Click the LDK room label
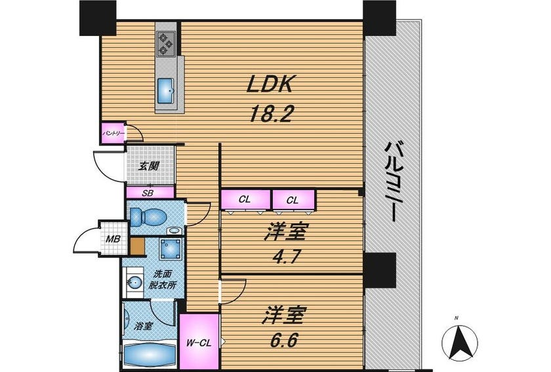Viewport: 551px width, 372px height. coord(270,84)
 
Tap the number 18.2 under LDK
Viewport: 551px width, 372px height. coord(270,113)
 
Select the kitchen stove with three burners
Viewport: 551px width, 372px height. coord(166,43)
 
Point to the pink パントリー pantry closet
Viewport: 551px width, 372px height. coord(113,133)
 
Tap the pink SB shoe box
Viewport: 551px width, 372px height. coord(150,193)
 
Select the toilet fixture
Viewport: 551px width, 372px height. coord(148,217)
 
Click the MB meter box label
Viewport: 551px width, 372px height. coord(113,239)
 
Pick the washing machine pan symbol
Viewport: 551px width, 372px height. coord(171,249)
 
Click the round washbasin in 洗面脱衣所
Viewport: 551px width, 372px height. coord(134,282)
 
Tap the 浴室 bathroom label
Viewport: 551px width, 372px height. coord(143,326)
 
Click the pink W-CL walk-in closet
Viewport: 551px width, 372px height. coord(199,341)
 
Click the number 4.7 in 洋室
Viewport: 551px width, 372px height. coord(285,258)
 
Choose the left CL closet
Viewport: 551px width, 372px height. coord(245,200)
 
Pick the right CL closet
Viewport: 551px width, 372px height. coord(293,200)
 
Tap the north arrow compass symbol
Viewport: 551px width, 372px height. coord(460,340)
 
